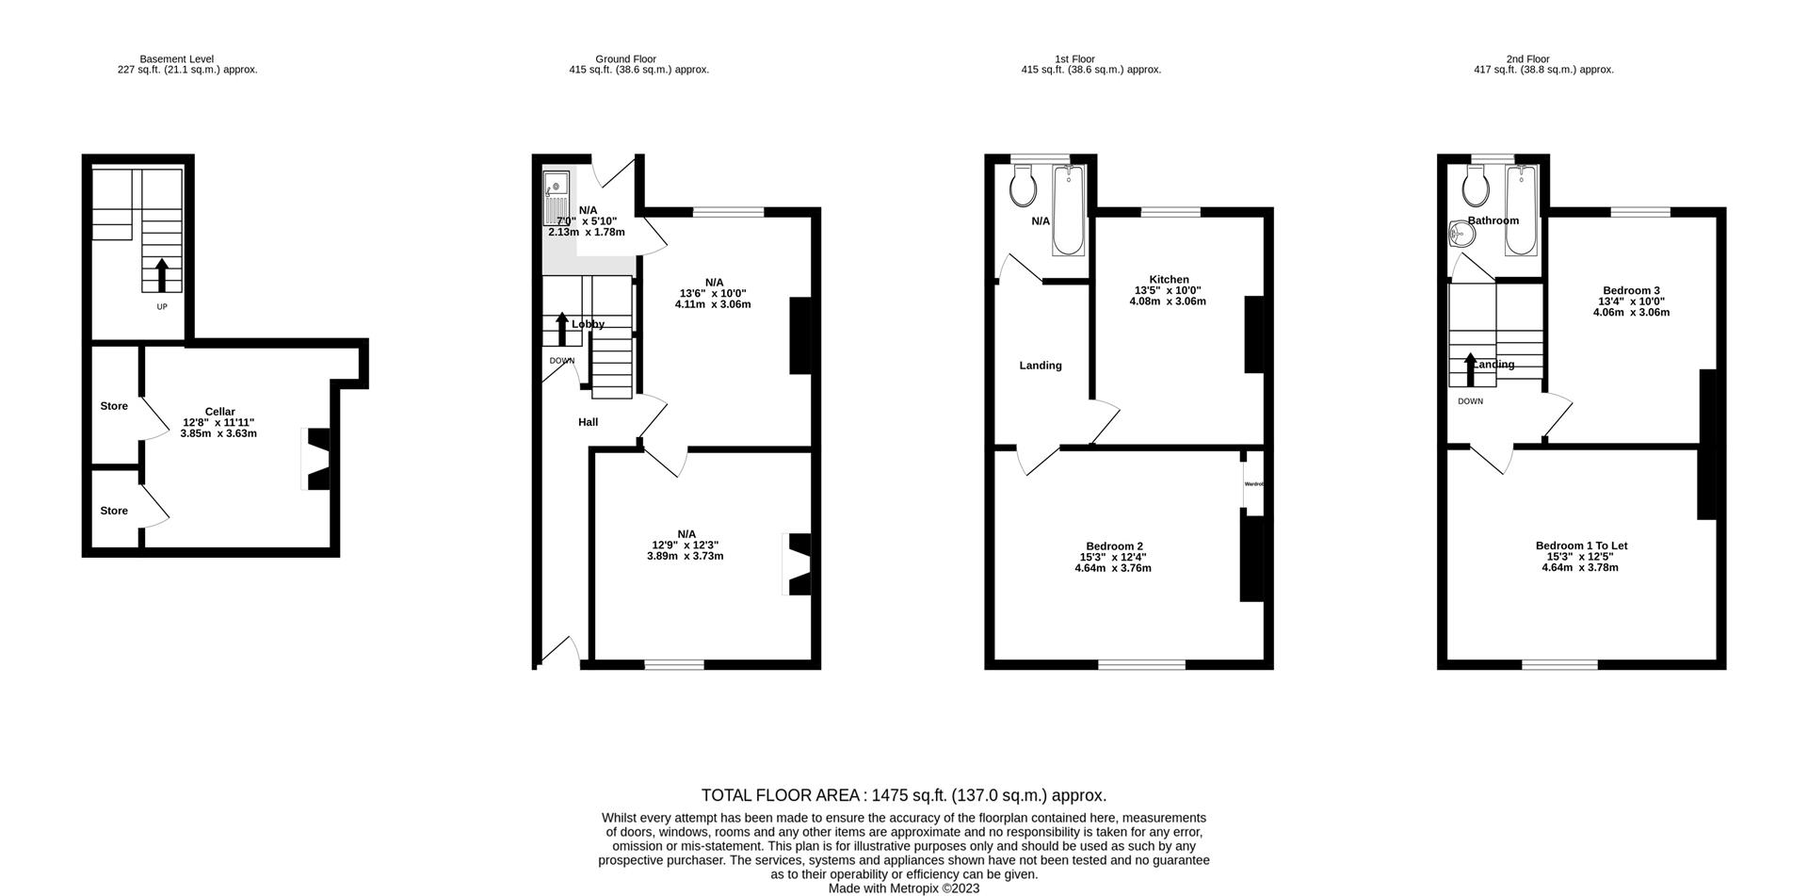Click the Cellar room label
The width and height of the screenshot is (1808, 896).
[x=219, y=412]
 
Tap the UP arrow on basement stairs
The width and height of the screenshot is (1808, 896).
[x=161, y=275]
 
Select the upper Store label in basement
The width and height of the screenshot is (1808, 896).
[x=114, y=406]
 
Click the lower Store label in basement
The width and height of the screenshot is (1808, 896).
[x=114, y=511]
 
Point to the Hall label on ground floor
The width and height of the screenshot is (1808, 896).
[x=588, y=422]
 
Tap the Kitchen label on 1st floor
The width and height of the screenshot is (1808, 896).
[x=1169, y=280]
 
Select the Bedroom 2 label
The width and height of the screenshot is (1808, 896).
[x=1114, y=546]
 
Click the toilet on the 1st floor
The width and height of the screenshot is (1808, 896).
[x=1023, y=187]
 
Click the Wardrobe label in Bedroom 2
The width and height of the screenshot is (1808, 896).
[x=1253, y=484]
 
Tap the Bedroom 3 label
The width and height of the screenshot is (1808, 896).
[x=1631, y=290]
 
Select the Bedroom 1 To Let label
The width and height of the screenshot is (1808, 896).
[x=1581, y=546]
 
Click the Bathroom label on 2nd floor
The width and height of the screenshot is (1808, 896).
[x=1493, y=220]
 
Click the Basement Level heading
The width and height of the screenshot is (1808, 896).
[x=176, y=58]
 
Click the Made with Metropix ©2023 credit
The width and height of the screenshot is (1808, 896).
[x=903, y=888]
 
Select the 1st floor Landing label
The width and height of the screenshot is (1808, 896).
[x=1040, y=366]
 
